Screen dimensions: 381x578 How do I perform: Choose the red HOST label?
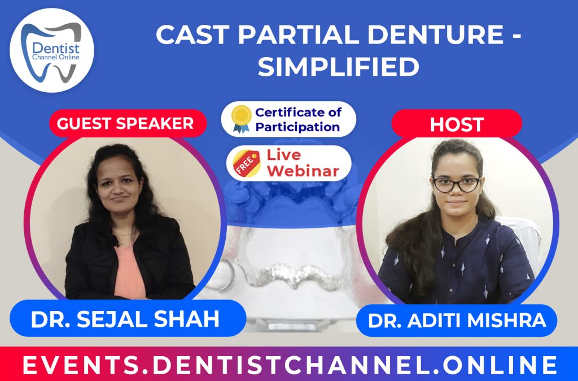coord(457,124)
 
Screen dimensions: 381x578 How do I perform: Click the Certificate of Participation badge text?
coord(297,119)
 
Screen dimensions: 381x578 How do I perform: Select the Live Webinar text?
coord(303,162)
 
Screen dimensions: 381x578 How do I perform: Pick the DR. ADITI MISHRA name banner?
coord(457,321)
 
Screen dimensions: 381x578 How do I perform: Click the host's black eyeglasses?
coord(457,184)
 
